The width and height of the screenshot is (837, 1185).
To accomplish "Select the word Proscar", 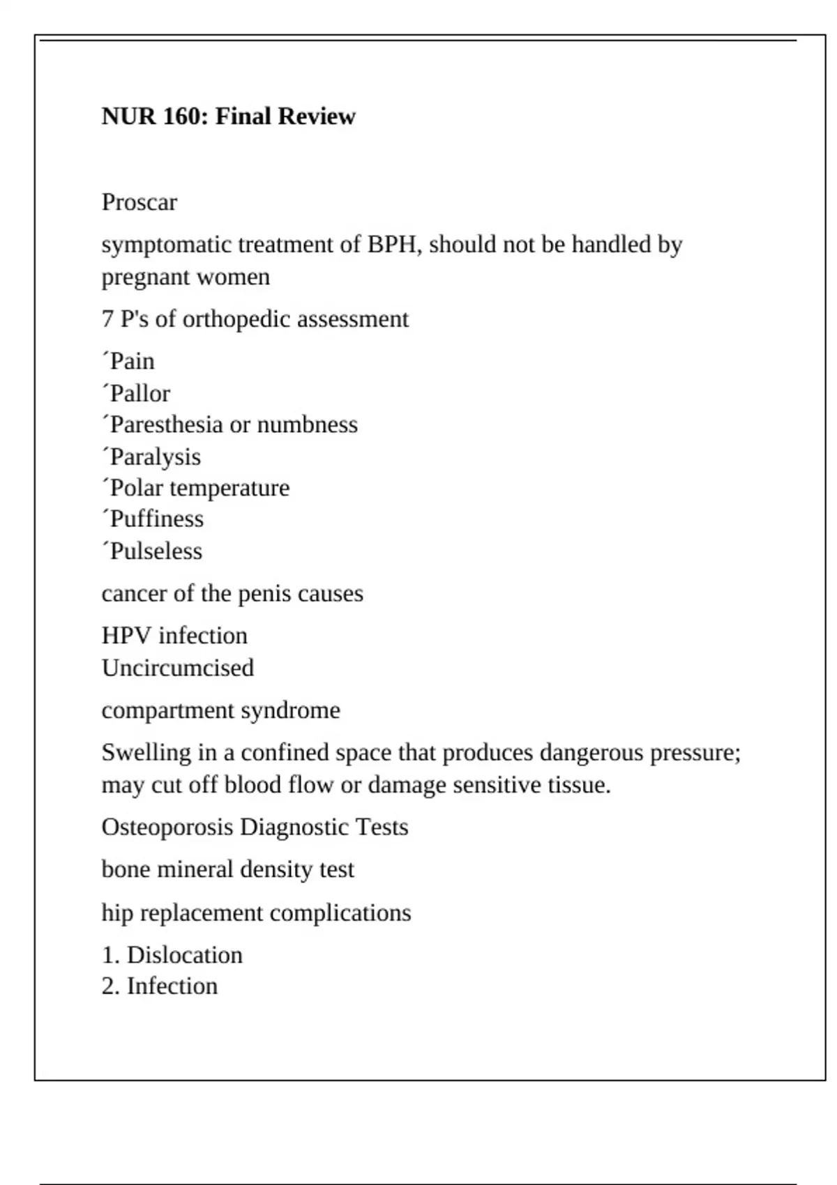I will [139, 202].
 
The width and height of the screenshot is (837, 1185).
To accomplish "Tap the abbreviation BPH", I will [395, 245].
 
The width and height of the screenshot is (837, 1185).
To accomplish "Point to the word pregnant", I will [144, 277].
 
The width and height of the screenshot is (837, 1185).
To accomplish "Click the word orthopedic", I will [236, 319].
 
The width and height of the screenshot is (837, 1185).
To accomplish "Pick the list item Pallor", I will [139, 394].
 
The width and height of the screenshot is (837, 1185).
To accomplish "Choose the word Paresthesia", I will [167, 425].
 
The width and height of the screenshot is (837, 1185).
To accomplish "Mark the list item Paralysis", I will [155, 457].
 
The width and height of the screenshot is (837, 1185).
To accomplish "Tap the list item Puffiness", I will [156, 519].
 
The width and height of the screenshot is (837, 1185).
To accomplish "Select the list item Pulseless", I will [156, 551].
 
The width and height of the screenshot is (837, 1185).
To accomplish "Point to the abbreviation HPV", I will [126, 636].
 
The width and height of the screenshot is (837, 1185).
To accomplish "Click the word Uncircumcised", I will [178, 668].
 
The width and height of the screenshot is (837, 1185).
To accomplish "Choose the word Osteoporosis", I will [167, 827].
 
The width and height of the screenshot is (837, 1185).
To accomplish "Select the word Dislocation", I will [185, 955].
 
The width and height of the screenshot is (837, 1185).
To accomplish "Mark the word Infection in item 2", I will [172, 986].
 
